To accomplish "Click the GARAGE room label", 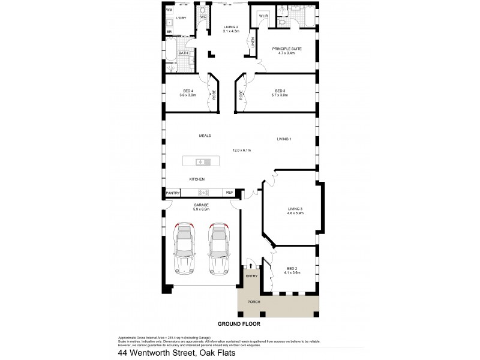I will point(201,205).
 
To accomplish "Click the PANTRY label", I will point(173,193).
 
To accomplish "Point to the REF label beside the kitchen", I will point(229,193).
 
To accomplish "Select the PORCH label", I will point(254,302).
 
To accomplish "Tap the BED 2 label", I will point(293,268).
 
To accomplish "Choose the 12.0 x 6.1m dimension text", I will point(241,150).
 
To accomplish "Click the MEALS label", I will point(205,136).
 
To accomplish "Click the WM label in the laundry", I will point(169,10).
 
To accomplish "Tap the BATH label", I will point(182,53).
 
